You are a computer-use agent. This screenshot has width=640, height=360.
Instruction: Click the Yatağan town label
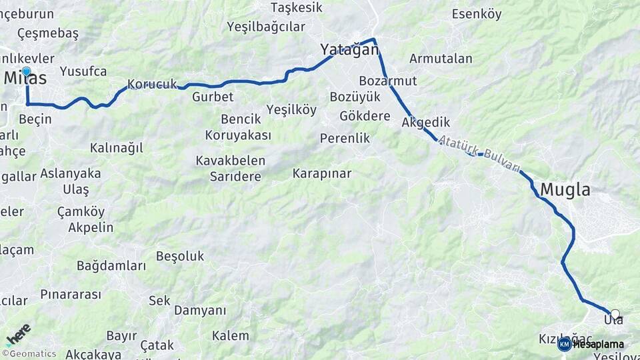click(349, 49)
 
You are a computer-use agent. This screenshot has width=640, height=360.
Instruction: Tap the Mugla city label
click(565, 190)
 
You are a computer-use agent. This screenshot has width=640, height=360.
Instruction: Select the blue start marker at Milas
click(26, 71)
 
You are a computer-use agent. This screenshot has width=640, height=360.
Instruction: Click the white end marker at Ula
click(615, 313)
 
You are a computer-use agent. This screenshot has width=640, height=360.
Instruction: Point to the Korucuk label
click(152, 85)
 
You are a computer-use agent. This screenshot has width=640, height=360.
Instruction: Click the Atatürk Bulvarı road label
click(479, 155)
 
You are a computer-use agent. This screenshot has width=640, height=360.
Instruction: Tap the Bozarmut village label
click(387, 81)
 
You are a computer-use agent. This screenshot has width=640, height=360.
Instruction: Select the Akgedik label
click(426, 123)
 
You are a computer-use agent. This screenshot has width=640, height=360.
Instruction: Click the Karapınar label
click(321, 173)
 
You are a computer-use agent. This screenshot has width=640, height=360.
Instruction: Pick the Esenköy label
click(476, 14)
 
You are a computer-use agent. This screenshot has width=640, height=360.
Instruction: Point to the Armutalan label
click(441, 59)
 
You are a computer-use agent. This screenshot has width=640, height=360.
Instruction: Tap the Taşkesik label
click(296, 7)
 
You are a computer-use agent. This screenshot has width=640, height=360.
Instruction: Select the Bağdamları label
click(111, 266)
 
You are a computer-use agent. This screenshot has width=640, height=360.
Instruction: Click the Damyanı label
click(200, 311)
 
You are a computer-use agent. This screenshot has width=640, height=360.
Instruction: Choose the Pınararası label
click(71, 294)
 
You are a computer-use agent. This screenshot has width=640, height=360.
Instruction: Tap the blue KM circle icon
click(564, 344)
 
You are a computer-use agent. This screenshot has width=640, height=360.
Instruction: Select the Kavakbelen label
click(231, 161)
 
